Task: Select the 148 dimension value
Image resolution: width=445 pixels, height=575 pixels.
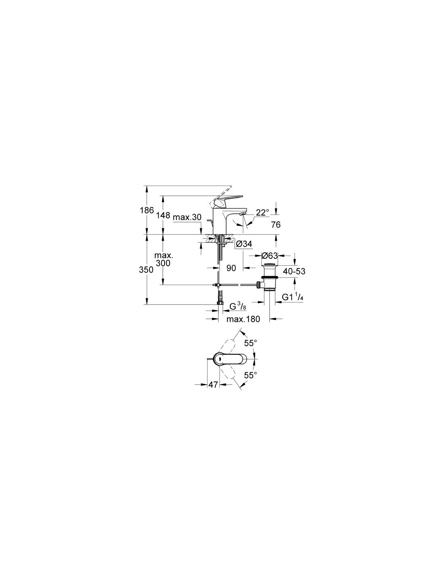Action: [x=163, y=216]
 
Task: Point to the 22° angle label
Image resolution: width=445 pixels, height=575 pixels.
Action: [x=262, y=212]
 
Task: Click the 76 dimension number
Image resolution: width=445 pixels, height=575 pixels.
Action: [x=276, y=225]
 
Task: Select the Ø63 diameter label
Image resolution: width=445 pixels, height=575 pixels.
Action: [x=269, y=256]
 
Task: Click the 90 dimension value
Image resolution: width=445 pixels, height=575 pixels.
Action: [x=231, y=268]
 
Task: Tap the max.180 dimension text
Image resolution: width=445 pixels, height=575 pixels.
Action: [x=243, y=319]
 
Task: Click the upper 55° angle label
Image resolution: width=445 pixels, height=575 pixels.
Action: [x=251, y=343]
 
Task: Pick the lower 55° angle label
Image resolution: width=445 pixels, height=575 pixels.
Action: [x=251, y=375]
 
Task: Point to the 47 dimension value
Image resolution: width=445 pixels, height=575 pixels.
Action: [x=213, y=384]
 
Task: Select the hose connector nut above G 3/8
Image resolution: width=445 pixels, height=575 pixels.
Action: [x=220, y=302]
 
